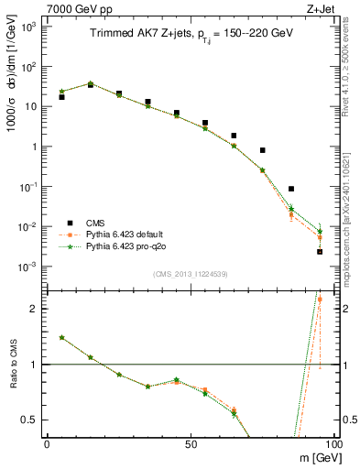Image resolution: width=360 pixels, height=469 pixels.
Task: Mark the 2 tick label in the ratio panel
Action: tap(36, 309)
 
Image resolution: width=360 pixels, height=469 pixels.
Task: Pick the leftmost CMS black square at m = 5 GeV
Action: tap(61, 96)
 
